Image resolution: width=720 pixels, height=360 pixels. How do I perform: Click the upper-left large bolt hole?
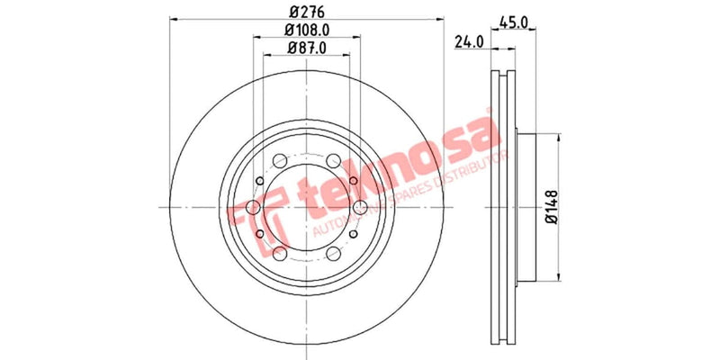pos(280,161)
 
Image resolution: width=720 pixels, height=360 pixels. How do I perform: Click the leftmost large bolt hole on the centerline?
pos(253,208)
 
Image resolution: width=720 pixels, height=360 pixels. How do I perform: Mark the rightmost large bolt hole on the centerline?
pos(360,208)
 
